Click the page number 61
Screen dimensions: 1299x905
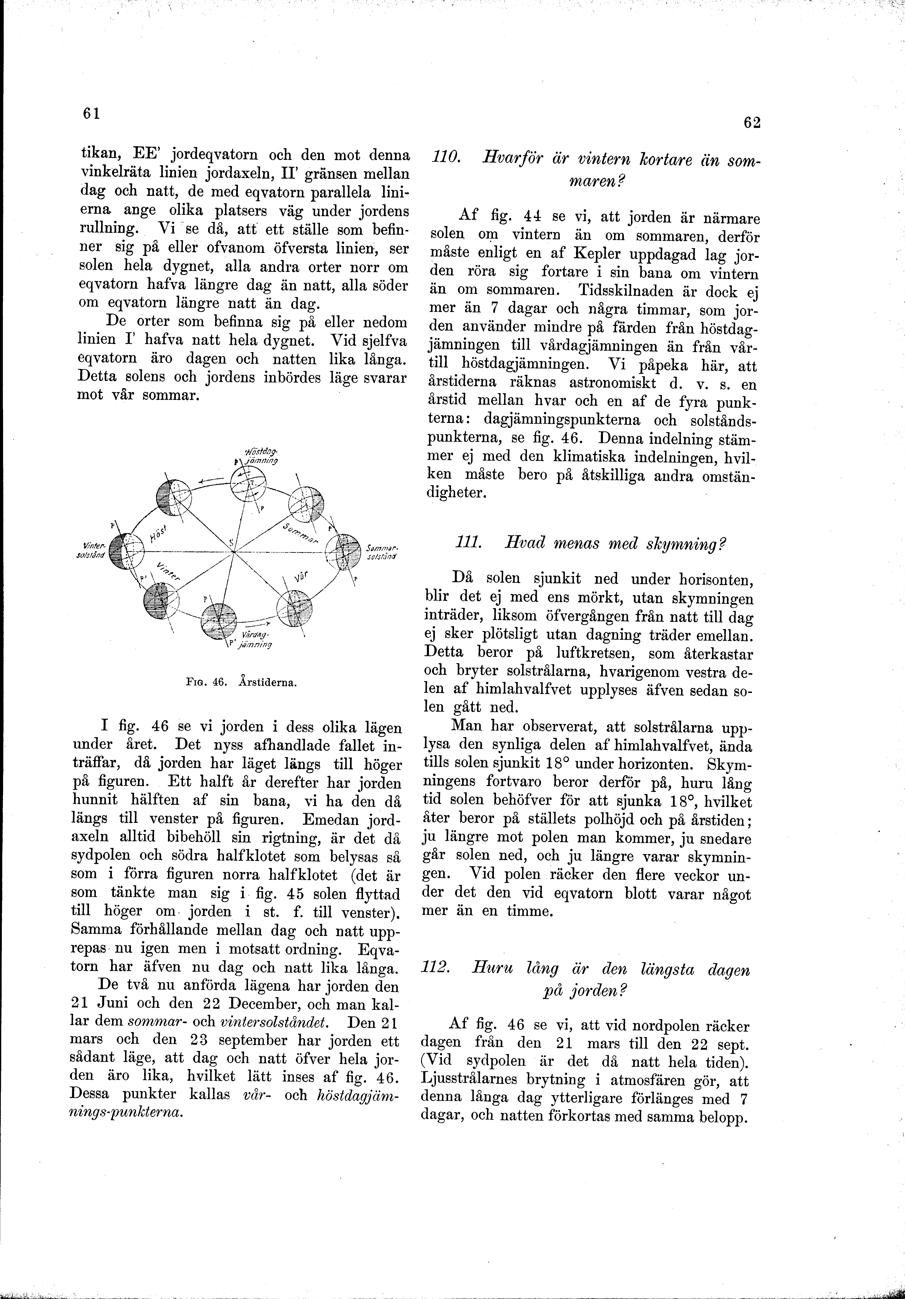pos(90,113)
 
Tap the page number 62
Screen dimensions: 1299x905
pos(752,123)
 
